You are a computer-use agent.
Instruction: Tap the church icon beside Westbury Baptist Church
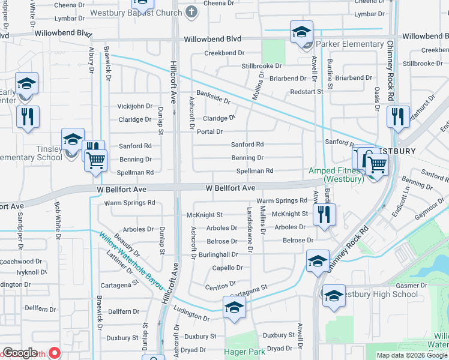191,12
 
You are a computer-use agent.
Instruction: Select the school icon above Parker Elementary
301,32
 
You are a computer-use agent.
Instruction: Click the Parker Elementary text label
349,44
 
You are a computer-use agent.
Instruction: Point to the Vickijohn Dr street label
134,106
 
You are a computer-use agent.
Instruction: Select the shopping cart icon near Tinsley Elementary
96,160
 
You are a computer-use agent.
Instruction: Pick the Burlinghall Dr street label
219,255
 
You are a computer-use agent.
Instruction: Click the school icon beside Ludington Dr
234,308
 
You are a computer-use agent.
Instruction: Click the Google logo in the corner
20,353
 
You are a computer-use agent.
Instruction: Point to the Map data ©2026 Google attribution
412,355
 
